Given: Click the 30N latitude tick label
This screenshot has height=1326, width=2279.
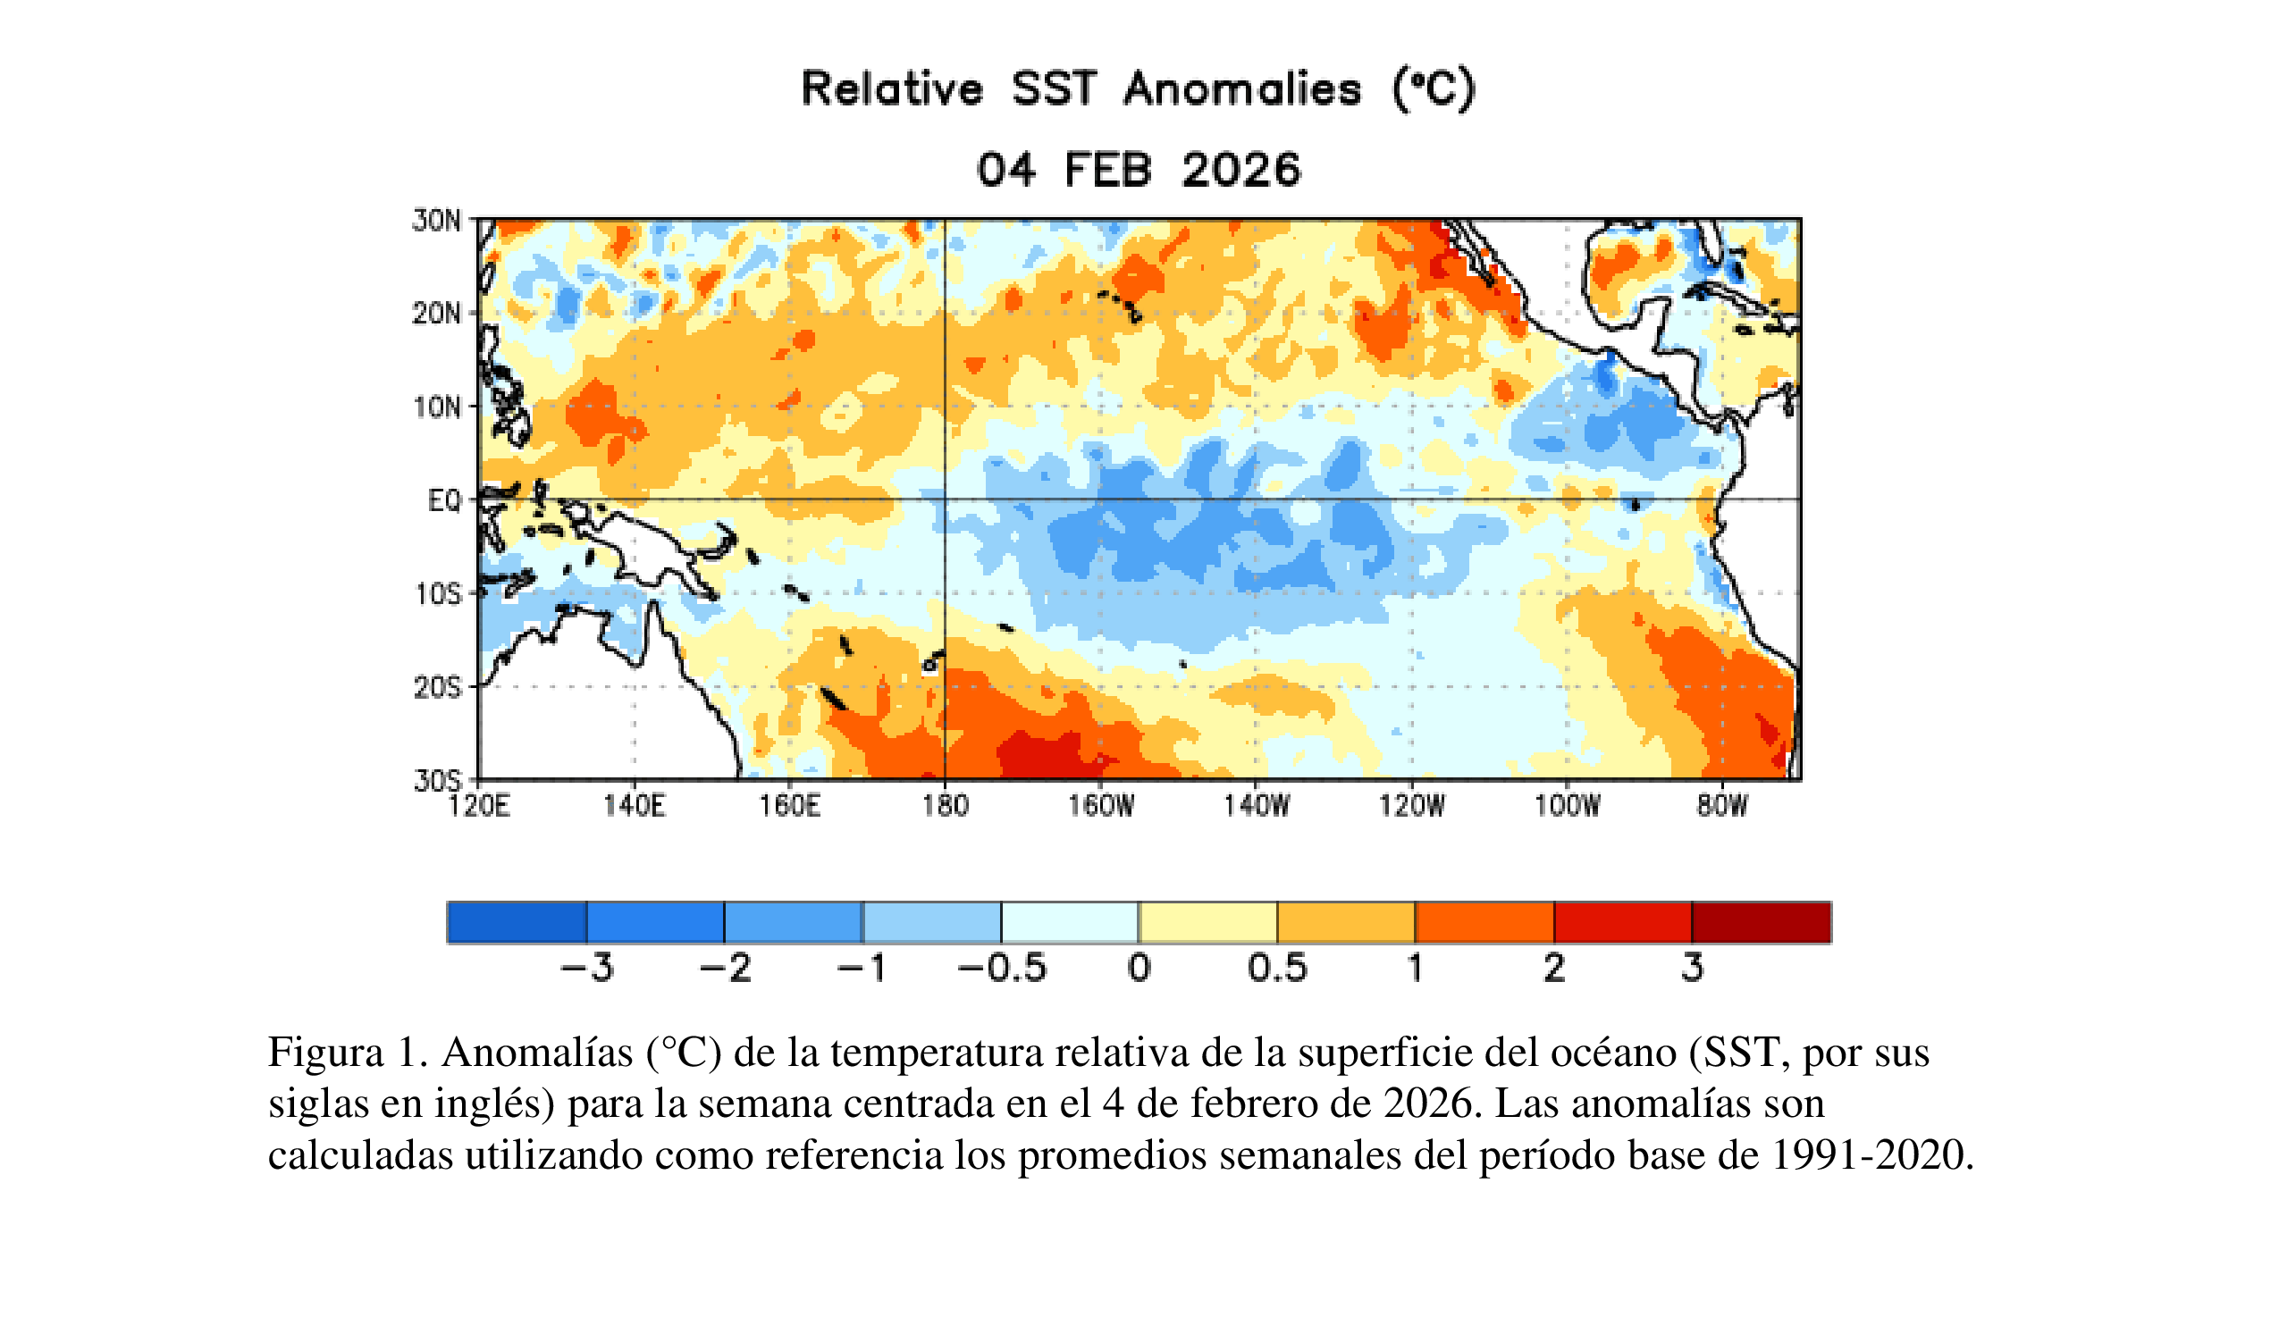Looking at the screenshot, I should coord(436,221).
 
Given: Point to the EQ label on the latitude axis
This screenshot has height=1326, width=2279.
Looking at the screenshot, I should coord(444,500).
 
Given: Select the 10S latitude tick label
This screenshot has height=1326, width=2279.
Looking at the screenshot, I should coord(438,595).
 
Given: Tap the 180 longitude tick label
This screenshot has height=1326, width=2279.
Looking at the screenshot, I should coord(945,805).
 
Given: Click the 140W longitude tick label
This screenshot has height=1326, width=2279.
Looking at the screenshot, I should coord(1257,805).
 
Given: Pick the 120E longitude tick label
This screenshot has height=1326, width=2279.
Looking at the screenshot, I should coord(478,805).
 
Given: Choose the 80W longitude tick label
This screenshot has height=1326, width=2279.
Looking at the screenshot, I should coord(1722,805).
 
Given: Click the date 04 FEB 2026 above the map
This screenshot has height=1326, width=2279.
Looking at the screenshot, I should coord(1139,170).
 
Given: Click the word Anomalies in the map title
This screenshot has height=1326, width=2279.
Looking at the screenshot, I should coord(1242,89).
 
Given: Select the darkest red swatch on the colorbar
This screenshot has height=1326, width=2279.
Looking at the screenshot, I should coord(1761,923).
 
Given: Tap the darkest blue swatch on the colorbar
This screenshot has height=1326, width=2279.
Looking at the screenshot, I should coord(517,923).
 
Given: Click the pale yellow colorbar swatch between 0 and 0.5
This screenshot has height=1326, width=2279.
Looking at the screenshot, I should coord(1207,923).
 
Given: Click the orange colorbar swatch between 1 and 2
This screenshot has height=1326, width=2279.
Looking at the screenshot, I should coord(1484,923).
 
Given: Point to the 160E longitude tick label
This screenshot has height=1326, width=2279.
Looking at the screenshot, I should coord(789,805).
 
